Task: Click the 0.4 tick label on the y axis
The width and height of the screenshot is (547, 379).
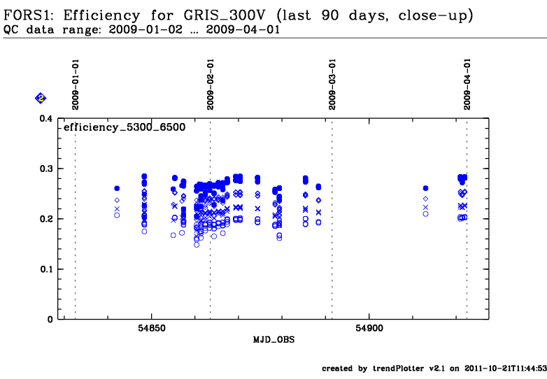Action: [46, 119]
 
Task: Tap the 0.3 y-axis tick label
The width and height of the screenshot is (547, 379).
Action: [46, 169]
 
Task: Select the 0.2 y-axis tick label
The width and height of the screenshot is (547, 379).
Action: [46, 220]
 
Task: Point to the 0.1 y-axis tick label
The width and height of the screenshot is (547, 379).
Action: [46, 269]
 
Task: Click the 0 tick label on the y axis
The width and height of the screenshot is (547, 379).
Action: [51, 320]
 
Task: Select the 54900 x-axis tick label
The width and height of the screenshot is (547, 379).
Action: [369, 329]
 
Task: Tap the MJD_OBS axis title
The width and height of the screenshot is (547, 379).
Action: [273, 340]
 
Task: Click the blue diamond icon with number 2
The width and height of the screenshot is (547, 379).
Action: [41, 99]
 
